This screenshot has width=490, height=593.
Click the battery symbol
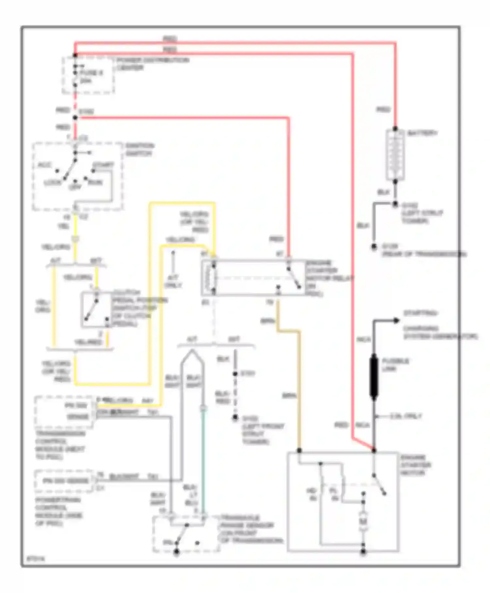[395, 154]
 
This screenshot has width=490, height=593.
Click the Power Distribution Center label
[152, 64]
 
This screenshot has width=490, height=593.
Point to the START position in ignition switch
[103, 165]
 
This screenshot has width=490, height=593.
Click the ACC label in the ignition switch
[45, 165]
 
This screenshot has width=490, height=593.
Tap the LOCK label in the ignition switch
[53, 182]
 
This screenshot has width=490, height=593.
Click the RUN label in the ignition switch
[95, 182]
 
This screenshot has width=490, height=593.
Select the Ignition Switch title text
[139, 149]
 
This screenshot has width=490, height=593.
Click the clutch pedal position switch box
[96, 310]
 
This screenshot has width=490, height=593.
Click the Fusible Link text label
[395, 365]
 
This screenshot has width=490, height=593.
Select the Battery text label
[422, 133]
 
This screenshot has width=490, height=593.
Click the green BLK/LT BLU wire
[203, 458]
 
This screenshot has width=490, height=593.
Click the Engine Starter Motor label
[416, 465]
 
